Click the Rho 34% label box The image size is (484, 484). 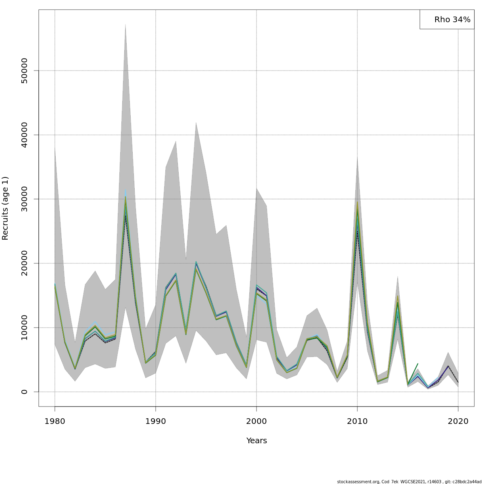tap(447, 19)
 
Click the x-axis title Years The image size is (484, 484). tap(257, 440)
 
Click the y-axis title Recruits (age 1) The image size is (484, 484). tap(5, 208)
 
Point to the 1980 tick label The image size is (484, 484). tap(55, 421)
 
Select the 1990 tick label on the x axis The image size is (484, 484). tap(156, 421)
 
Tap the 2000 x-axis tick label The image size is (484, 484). tap(257, 421)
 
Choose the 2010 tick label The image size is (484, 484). tap(357, 421)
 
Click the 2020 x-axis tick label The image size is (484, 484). tap(458, 421)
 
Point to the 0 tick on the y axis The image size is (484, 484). tap(24, 392)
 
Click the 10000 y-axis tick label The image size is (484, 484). tap(24, 328)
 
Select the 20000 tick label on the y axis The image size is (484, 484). tap(24, 263)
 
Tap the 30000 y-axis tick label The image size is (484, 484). tap(24, 199)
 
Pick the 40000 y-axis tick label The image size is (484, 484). tap(24, 135)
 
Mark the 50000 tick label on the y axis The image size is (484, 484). tap(24, 71)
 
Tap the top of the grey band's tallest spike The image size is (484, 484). tap(125, 25)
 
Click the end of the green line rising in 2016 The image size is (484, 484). tap(418, 364)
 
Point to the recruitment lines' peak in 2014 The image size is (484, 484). tap(398, 296)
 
